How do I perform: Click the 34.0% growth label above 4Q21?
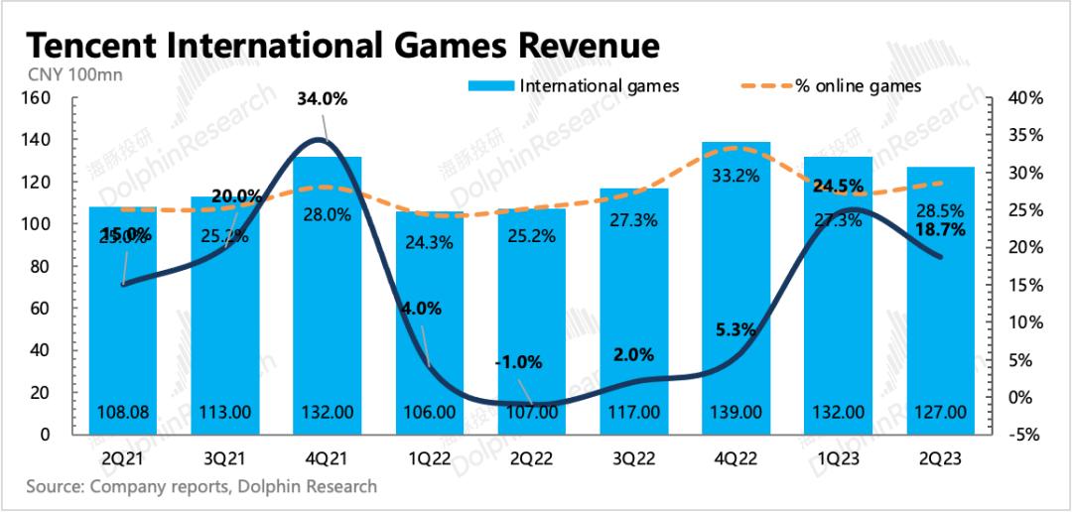[x=328, y=98]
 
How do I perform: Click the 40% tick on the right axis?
[x=1027, y=98]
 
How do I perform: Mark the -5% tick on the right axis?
[x=1027, y=434]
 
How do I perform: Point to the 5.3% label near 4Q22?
[x=735, y=328]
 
